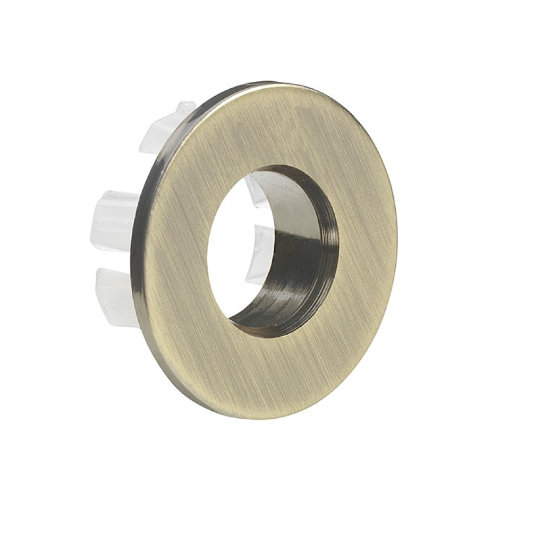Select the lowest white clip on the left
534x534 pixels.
click(114, 295)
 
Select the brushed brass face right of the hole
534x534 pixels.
click(367, 244)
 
